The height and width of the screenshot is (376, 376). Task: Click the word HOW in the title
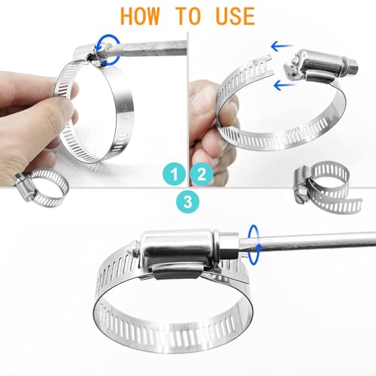[x=140, y=17]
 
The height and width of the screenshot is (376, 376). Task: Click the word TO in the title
[x=188, y=17]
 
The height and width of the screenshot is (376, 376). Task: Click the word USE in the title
[x=235, y=17]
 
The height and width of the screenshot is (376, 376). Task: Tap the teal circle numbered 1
[x=174, y=174]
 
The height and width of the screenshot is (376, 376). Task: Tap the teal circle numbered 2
[x=202, y=174]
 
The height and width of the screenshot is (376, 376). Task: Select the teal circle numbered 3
[x=188, y=202]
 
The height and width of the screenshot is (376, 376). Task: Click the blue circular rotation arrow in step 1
[x=108, y=50]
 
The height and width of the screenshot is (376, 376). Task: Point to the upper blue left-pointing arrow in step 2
[x=282, y=47]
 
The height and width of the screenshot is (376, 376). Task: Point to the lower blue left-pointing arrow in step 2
[x=284, y=86]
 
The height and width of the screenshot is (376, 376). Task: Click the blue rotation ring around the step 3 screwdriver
[x=254, y=244]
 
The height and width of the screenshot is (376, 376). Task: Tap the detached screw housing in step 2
[x=317, y=65]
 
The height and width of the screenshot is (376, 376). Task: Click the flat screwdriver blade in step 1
[x=150, y=49]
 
